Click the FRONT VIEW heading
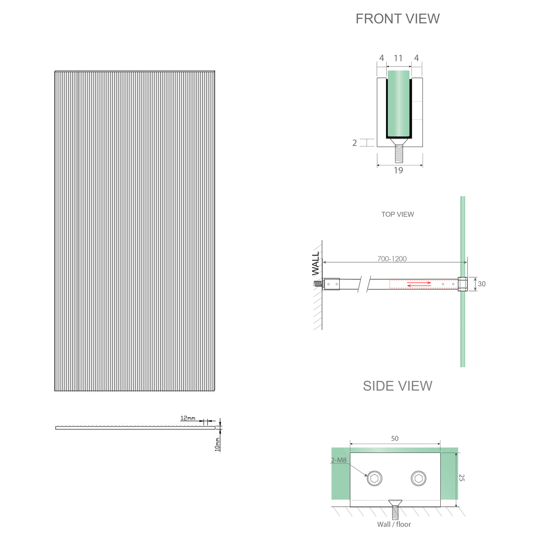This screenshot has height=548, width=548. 397,19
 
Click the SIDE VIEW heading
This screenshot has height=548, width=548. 397,386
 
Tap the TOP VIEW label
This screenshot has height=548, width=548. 397,214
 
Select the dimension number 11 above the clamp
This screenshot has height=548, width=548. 398,58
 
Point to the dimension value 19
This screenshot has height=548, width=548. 398,170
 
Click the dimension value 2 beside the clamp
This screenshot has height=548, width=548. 355,143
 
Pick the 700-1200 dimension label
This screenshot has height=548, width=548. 392,259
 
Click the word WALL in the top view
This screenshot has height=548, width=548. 316,264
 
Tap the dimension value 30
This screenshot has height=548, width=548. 481,284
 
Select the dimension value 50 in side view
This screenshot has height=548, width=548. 395,439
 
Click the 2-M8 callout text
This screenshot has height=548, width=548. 339,460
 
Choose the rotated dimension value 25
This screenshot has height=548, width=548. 462,478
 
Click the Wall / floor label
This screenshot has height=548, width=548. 394,524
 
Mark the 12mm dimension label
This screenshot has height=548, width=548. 188,418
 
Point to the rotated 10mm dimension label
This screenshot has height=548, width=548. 217,444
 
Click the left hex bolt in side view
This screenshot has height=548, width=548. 374,478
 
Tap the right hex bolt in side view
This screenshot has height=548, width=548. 418,478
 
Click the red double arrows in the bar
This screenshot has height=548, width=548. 419,284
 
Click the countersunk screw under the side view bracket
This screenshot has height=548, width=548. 395,509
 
